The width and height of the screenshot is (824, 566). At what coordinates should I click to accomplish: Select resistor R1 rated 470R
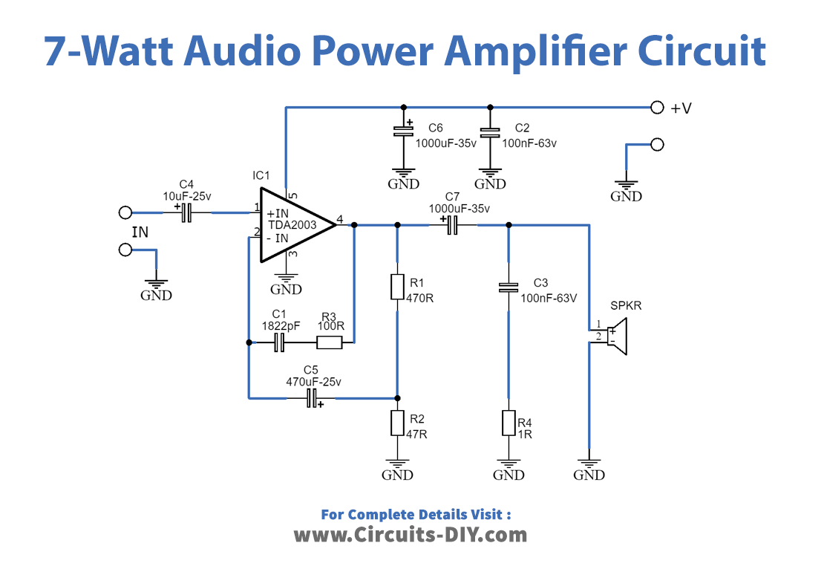397,287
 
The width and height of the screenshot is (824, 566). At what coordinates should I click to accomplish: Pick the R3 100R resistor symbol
329,342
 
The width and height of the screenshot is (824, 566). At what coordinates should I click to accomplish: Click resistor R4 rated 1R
509,423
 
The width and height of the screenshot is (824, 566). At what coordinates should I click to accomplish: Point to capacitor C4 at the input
187,213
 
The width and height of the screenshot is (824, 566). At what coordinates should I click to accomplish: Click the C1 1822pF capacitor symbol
280,342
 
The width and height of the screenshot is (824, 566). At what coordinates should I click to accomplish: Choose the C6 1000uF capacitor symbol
403,132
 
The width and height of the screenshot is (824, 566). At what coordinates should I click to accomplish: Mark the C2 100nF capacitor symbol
489,133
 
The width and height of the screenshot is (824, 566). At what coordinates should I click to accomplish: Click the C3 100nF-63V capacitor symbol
509,287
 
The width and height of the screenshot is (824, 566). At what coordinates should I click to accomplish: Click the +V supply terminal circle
656,108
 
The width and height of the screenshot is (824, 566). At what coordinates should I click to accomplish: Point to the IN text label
140,232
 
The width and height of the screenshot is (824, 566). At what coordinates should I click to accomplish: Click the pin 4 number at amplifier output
339,219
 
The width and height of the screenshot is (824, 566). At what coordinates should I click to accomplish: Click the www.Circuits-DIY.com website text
411,534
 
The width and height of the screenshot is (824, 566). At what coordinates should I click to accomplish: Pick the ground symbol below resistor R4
509,469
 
